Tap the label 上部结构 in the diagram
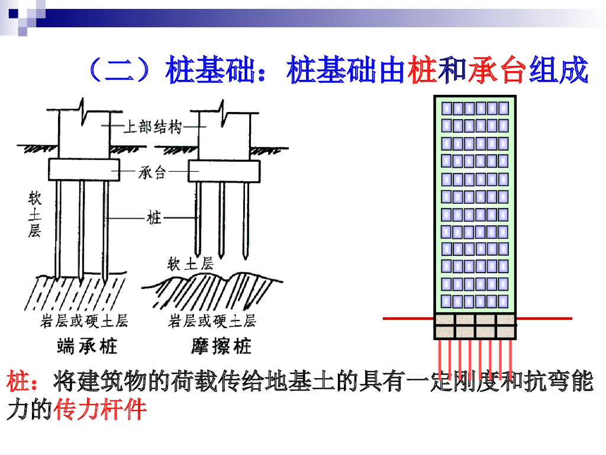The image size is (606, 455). coord(153,126)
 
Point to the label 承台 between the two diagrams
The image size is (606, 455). coord(153,172)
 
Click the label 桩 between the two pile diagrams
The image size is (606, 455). coord(154,218)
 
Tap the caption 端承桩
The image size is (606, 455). coord(87,346)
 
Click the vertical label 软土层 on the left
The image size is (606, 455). coord(35,213)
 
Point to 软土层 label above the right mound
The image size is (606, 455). coord(191,263)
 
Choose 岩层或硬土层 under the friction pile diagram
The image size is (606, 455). coord(212,321)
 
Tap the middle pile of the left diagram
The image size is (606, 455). coord(82,228)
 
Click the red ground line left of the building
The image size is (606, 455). coord(408,319)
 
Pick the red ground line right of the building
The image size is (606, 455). coord(544,319)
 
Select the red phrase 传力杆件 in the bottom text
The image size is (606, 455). coord(100,409)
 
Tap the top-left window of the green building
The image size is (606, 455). coord(447,108)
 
